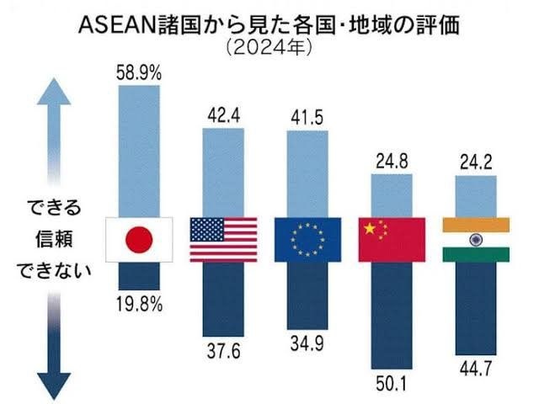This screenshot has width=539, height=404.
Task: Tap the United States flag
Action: point(222,239)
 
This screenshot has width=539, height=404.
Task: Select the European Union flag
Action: point(308,239)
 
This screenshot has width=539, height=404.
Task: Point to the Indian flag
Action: point(477,239)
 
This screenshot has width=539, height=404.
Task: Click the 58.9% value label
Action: point(139,74)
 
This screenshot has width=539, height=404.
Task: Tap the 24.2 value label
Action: point(477,160)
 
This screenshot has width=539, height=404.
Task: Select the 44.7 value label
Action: point(477,369)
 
